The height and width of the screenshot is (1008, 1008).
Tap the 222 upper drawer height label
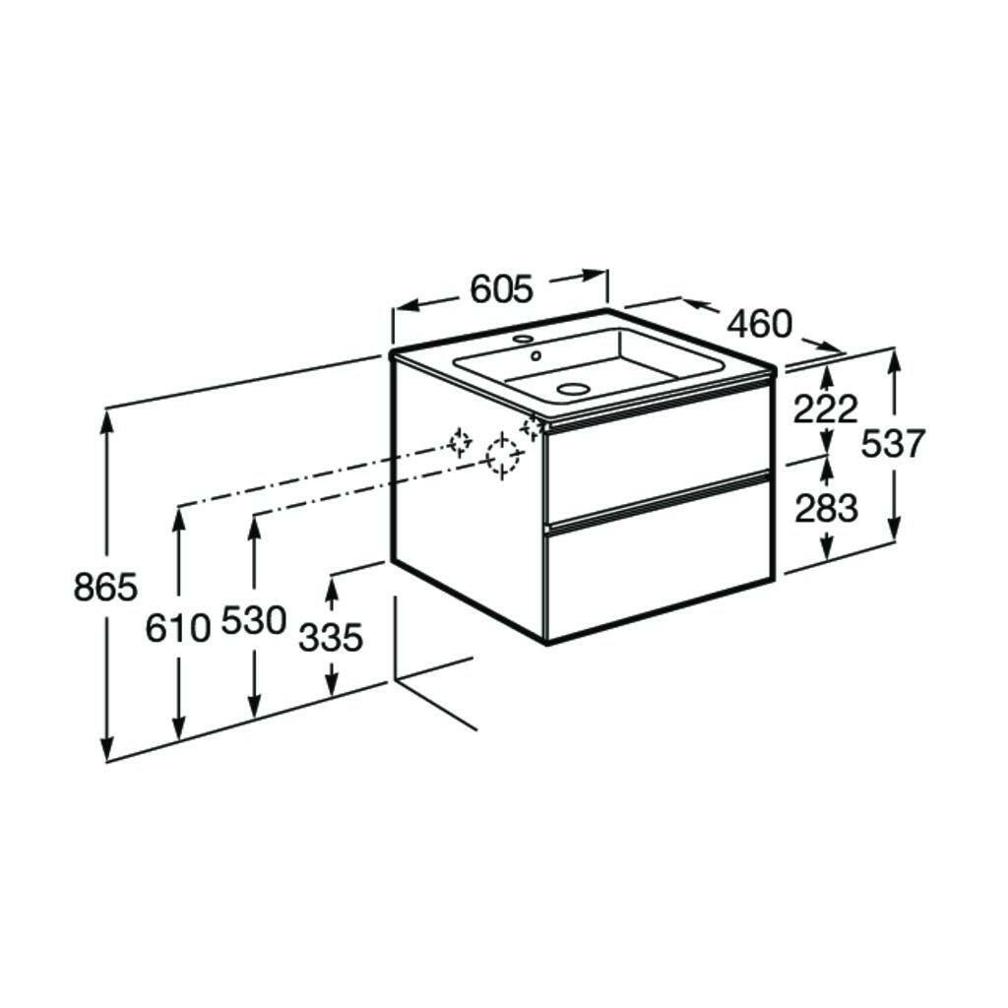click(826, 409)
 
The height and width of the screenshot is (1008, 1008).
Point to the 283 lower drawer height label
click(826, 509)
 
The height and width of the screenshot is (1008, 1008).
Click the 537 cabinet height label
click(893, 443)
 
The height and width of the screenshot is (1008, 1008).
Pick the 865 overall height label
click(105, 587)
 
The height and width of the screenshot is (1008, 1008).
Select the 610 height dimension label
click(178, 627)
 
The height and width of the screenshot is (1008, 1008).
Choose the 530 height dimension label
click(253, 620)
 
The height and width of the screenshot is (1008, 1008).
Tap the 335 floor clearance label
click(332, 638)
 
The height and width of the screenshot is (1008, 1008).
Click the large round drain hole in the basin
click(571, 389)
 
